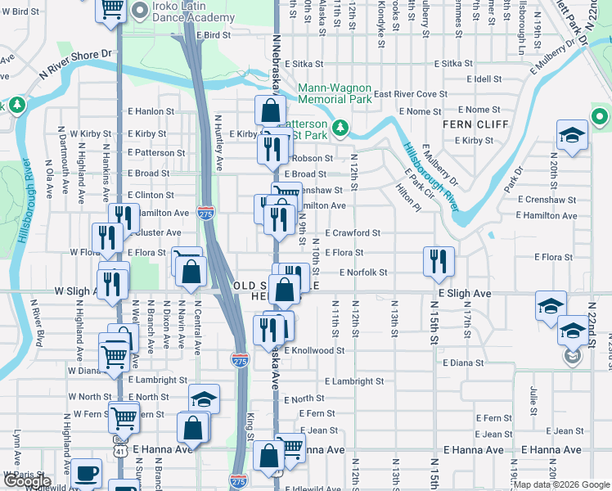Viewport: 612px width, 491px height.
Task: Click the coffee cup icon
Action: point(86,474)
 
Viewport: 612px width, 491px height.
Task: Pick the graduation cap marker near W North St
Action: point(204,399)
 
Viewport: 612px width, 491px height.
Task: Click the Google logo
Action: point(26,481)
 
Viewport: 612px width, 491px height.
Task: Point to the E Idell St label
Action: point(482,79)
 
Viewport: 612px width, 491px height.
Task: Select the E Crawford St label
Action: point(353,232)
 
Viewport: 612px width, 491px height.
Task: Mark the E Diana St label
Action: point(467,362)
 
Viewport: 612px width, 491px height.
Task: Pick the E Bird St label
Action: point(214,35)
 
